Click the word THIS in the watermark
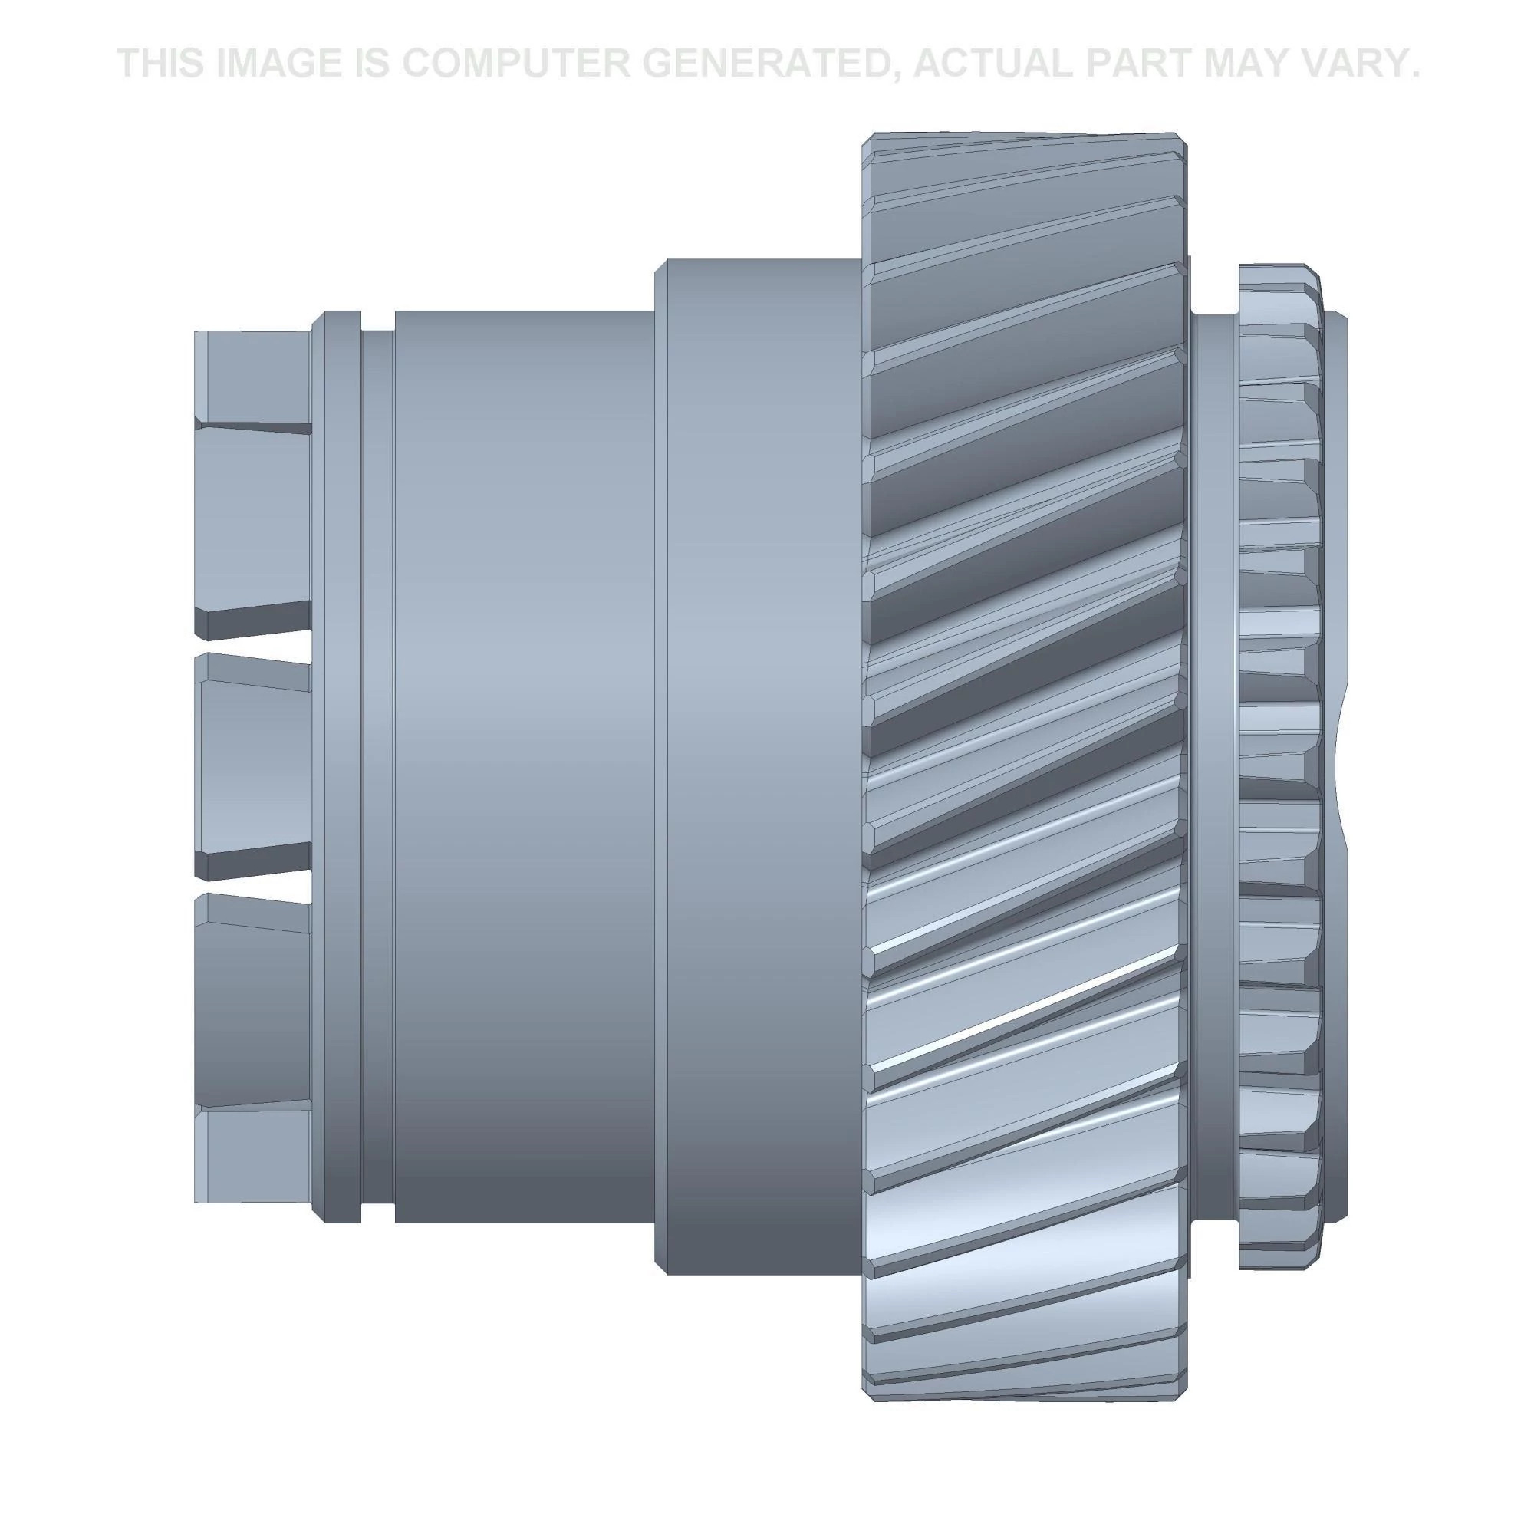[161, 64]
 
